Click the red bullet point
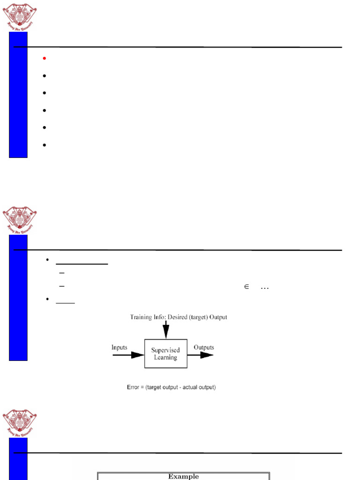(x=44, y=58)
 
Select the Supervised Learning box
(x=165, y=353)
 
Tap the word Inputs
(x=119, y=347)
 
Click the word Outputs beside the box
(x=204, y=347)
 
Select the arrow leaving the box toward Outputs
(x=201, y=355)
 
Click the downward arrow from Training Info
(x=165, y=330)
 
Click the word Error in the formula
(x=129, y=388)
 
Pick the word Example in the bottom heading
(x=183, y=476)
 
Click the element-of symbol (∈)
(x=246, y=287)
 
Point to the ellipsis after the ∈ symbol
(x=264, y=288)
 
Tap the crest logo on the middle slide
(x=20, y=219)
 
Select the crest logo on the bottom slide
(x=20, y=422)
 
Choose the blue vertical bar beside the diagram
(x=18, y=298)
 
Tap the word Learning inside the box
(x=165, y=358)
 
